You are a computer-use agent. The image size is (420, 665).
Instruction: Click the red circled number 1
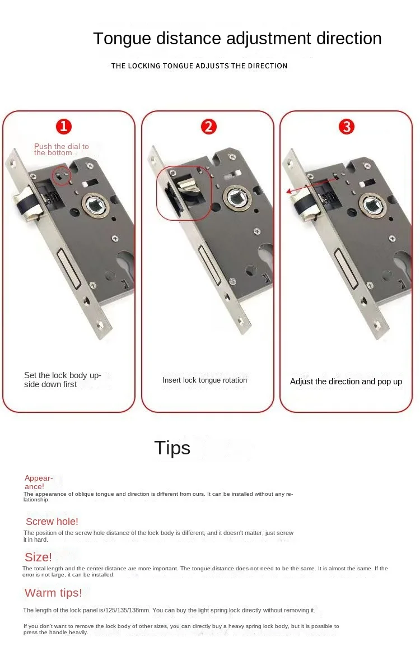[x=64, y=127]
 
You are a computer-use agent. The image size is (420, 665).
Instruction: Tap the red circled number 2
[x=208, y=127]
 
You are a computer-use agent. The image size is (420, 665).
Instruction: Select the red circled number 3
[x=346, y=127]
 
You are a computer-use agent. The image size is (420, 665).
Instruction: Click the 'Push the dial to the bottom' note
[x=62, y=149]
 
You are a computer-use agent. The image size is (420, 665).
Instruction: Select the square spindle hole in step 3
[x=372, y=206]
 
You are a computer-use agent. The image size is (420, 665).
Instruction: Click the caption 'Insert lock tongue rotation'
[x=205, y=380]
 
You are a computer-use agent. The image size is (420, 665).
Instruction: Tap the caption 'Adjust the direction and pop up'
[x=346, y=382]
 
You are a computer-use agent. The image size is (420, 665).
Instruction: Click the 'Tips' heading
[x=172, y=448]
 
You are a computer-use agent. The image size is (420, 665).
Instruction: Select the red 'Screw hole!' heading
[x=52, y=521]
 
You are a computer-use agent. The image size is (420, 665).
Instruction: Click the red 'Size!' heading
[x=38, y=557]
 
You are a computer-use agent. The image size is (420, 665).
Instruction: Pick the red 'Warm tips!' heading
[x=53, y=593]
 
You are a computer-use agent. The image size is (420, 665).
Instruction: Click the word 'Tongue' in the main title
[x=123, y=39]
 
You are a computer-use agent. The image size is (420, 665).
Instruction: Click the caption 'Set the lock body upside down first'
[x=63, y=380]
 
